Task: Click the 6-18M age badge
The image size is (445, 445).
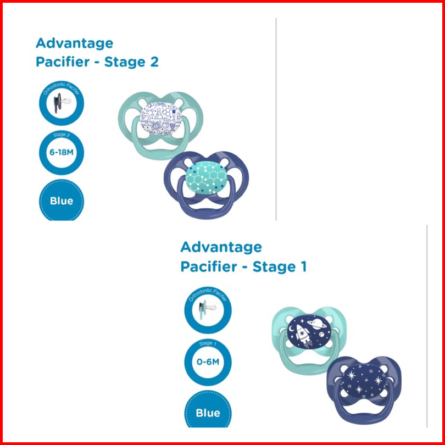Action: tap(61, 153)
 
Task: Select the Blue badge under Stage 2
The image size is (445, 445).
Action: tap(61, 201)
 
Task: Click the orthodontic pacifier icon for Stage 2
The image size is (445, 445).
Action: tap(61, 105)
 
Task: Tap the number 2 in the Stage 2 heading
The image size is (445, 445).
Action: tap(153, 62)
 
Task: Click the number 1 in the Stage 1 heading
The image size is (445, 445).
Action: tap(302, 267)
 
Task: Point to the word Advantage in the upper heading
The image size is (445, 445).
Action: tap(74, 43)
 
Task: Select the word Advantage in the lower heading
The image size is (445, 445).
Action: tap(221, 247)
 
